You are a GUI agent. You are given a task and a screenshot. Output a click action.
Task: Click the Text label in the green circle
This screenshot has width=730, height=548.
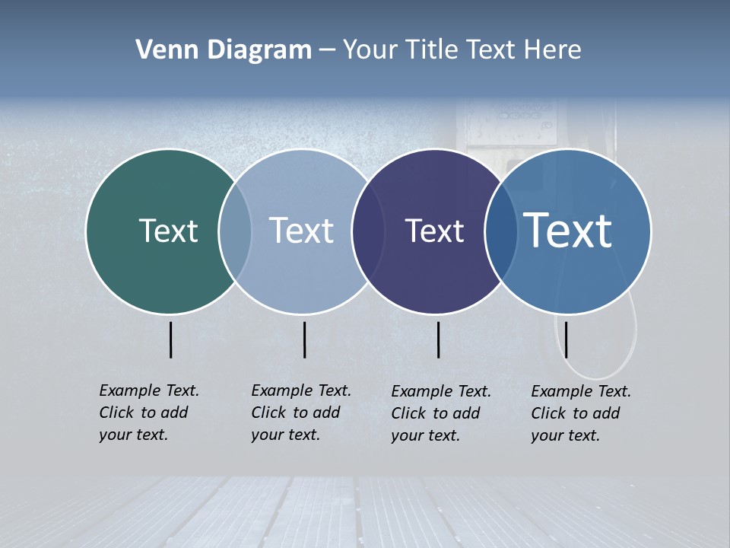pyautogui.click(x=168, y=231)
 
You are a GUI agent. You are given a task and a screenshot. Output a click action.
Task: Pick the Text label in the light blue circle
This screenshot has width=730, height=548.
pyautogui.click(x=301, y=231)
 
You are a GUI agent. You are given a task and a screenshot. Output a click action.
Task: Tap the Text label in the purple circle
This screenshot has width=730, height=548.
pyautogui.click(x=434, y=231)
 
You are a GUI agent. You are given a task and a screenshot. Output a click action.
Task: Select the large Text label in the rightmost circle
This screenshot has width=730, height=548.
pyautogui.click(x=568, y=231)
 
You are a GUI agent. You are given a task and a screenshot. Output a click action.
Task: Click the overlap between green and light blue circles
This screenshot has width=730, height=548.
pyautogui.click(x=235, y=231)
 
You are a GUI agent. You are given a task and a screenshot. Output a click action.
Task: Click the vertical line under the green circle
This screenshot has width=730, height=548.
pyautogui.click(x=171, y=339)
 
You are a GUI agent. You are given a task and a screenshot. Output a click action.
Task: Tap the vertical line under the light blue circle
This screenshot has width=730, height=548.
pyautogui.click(x=304, y=339)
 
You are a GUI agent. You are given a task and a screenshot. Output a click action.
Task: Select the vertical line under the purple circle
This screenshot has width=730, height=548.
pyautogui.click(x=439, y=339)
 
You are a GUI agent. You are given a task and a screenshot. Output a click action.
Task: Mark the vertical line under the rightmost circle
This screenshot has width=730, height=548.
pyautogui.click(x=566, y=339)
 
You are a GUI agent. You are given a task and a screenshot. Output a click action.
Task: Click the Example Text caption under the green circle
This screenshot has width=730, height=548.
pyautogui.click(x=149, y=413)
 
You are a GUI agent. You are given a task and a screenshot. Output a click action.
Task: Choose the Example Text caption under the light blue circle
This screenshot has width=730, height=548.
pyautogui.click(x=301, y=413)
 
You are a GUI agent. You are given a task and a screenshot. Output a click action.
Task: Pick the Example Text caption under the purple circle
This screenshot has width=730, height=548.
pyautogui.click(x=441, y=413)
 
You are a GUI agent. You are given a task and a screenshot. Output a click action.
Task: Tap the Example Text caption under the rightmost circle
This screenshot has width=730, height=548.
pyautogui.click(x=581, y=413)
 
